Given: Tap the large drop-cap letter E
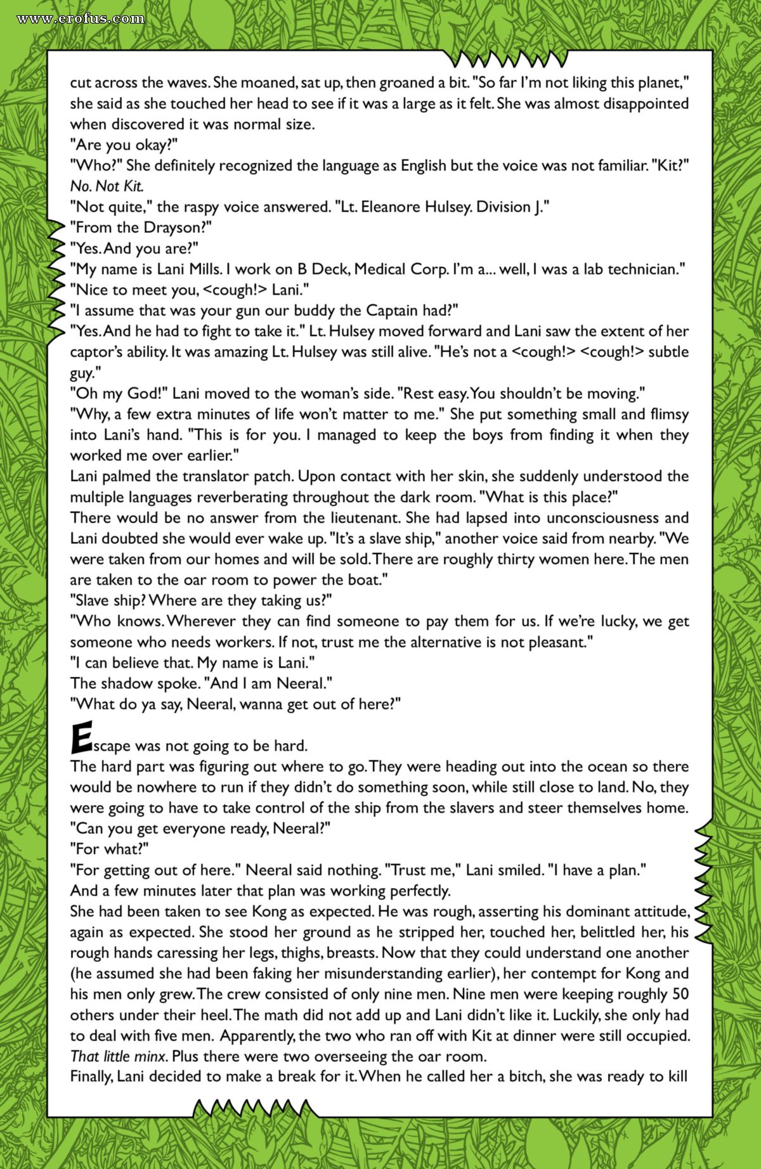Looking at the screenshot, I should [x=81, y=737].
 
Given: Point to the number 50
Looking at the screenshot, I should [x=680, y=994].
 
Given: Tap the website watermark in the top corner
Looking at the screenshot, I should [x=81, y=18].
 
